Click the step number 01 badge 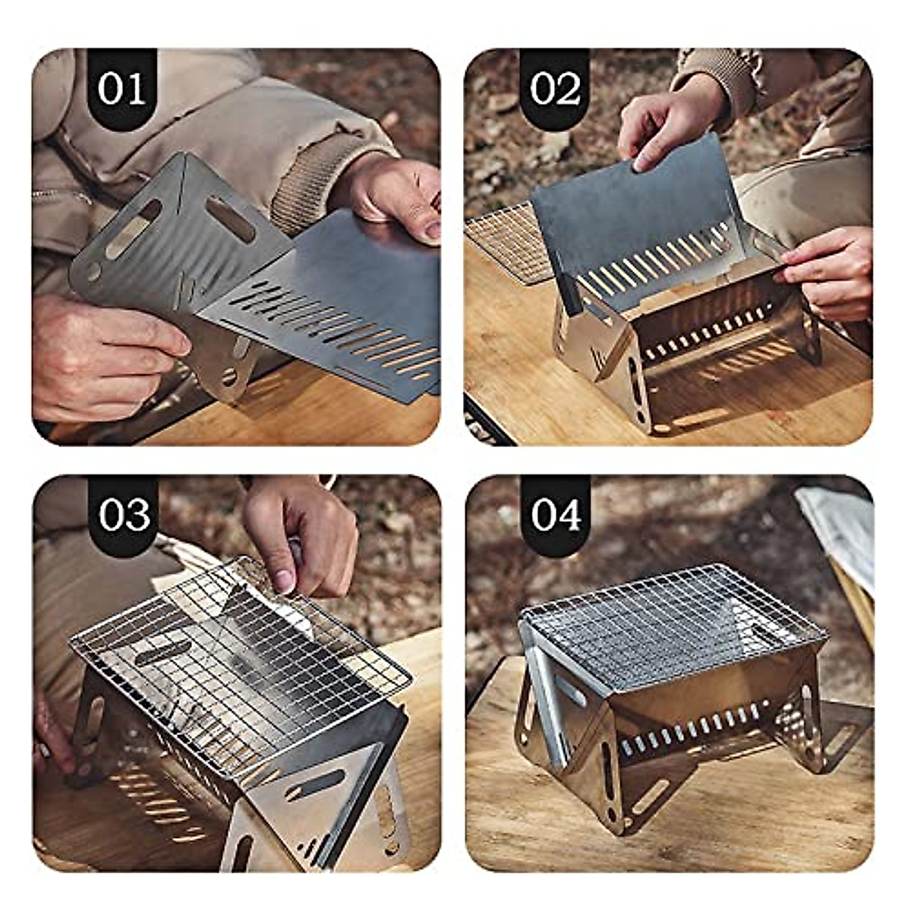click(121, 90)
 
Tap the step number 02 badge click(555, 90)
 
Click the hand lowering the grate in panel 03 click(304, 531)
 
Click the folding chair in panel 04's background click(843, 547)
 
